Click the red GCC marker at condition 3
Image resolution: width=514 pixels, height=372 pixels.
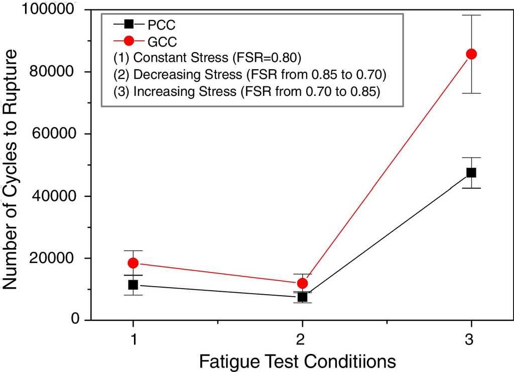471,54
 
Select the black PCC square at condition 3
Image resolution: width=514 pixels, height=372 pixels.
471,172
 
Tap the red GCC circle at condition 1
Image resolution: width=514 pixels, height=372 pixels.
133,263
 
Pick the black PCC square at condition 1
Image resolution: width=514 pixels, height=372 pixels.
133,285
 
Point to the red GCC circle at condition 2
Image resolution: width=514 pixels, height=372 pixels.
302,283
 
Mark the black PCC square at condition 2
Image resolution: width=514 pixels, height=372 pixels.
302,297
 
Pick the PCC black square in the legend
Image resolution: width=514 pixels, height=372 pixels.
129,24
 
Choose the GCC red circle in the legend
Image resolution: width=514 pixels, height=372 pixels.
129,40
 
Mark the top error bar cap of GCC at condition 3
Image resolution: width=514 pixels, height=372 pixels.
471,15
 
